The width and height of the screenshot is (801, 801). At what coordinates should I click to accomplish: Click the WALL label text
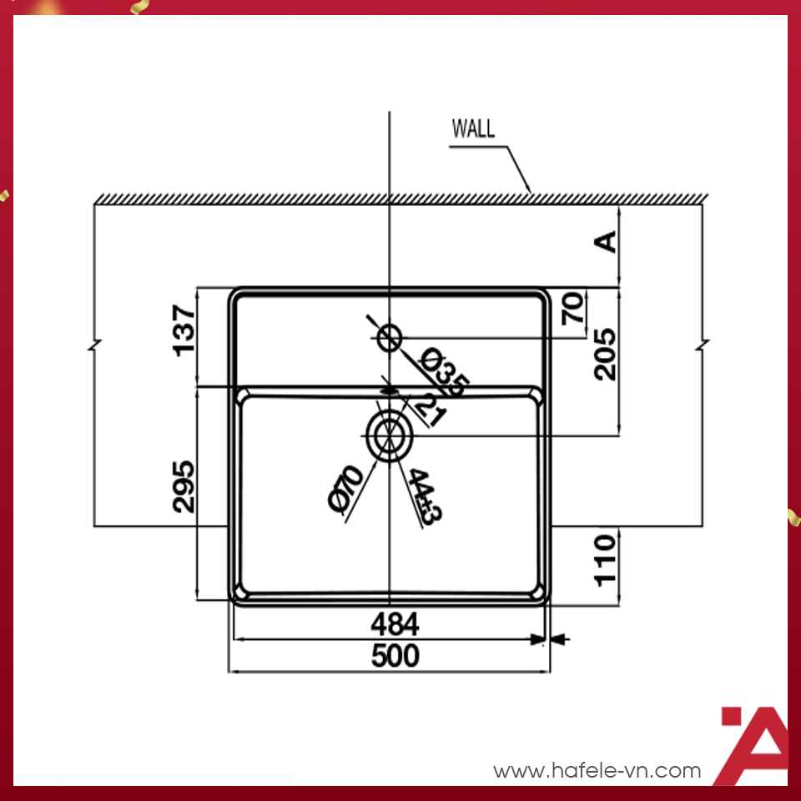point(473,129)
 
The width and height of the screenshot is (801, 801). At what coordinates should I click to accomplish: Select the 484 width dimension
point(395,624)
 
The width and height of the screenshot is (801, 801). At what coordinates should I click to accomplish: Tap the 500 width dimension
point(395,657)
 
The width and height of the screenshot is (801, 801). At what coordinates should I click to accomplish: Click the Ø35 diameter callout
point(444,372)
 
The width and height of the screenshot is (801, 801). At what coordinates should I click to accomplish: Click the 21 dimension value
point(427,408)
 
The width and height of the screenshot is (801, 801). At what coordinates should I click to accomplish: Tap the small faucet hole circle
point(390,338)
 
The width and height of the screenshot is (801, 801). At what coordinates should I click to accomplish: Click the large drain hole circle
point(388,436)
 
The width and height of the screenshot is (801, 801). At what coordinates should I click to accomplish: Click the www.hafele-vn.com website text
point(597,770)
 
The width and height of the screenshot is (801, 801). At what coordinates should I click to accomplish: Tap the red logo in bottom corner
point(753,744)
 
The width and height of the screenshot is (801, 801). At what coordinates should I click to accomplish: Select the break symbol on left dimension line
point(94,346)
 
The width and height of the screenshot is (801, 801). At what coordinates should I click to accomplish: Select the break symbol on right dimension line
point(702,346)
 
